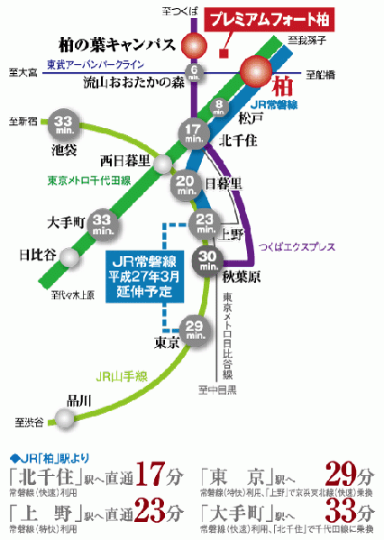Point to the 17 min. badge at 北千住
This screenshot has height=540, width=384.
195,133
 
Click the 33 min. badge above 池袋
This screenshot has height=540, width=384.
62,124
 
